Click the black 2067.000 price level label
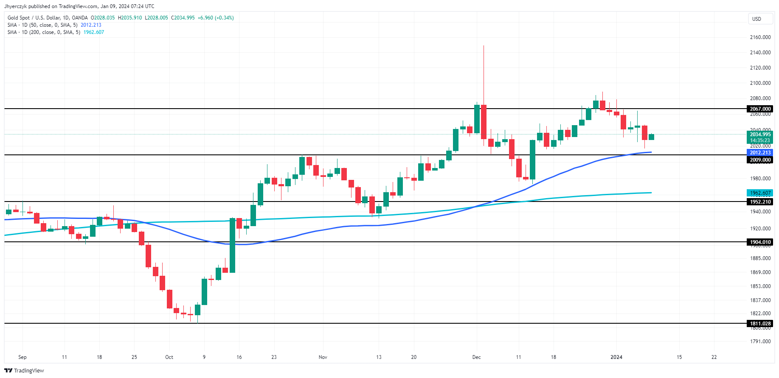click(760, 109)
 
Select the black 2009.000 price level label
click(760, 160)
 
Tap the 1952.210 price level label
click(760, 202)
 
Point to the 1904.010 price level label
click(760, 242)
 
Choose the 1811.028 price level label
click(760, 324)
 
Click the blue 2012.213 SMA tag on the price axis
click(760, 153)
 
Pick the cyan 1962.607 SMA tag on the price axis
click(760, 193)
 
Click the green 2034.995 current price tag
click(760, 134)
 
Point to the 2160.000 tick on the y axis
click(760, 37)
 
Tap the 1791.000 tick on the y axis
click(760, 342)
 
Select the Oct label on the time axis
click(169, 357)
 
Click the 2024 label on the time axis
click(616, 357)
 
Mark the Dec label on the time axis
click(476, 357)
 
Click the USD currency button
click(757, 19)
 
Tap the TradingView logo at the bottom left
click(24, 371)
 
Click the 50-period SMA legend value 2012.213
click(91, 25)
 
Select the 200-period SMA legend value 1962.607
click(93, 32)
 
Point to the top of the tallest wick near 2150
click(484, 46)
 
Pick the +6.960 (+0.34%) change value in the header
click(216, 18)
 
